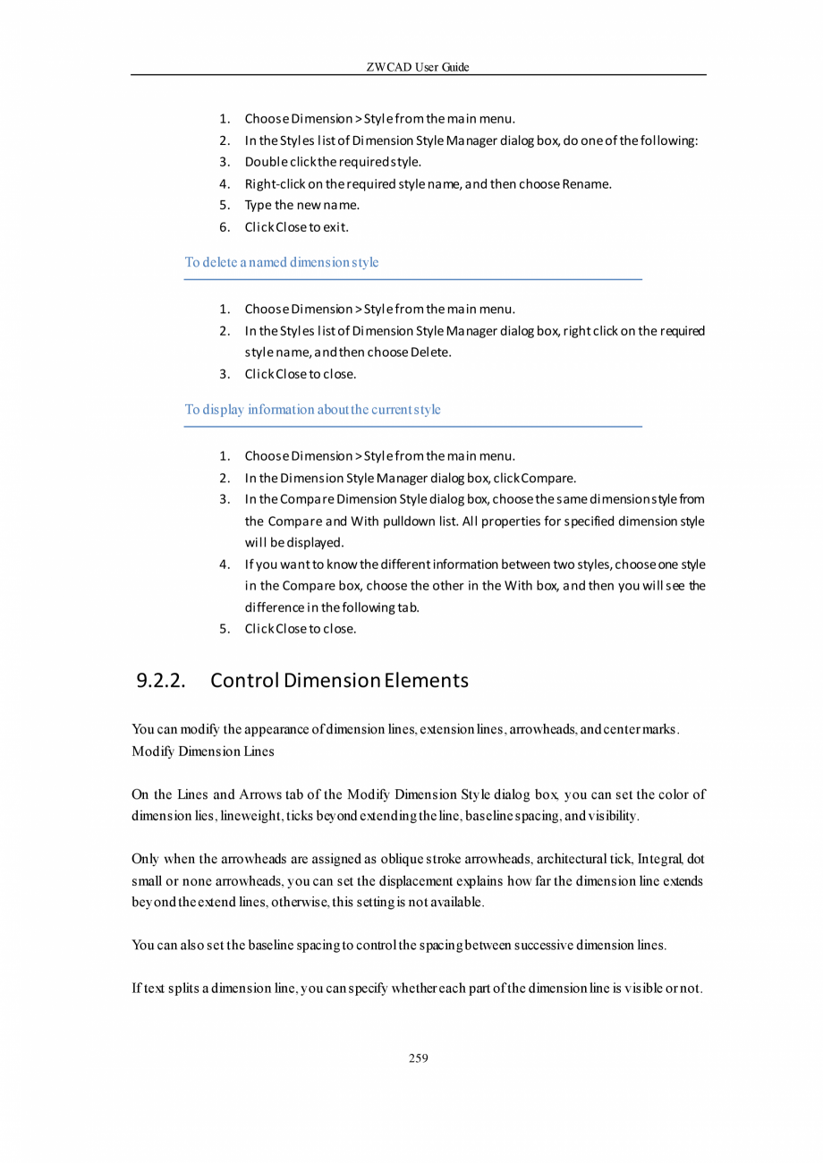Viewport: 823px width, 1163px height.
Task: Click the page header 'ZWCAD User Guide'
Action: pyautogui.click(x=418, y=67)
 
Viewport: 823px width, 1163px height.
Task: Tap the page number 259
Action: pyautogui.click(x=418, y=1058)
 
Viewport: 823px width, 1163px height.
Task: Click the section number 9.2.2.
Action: pyautogui.click(x=161, y=681)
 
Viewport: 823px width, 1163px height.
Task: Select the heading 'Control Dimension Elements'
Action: pyautogui.click(x=339, y=681)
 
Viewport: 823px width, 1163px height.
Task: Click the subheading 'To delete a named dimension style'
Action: pyautogui.click(x=282, y=262)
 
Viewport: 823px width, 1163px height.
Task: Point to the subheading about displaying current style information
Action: pyautogui.click(x=312, y=410)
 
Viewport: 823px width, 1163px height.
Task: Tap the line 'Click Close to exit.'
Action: pyautogui.click(x=297, y=227)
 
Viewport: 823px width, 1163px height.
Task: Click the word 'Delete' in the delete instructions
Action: pyautogui.click(x=430, y=352)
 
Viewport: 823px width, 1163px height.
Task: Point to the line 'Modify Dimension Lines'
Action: pyautogui.click(x=202, y=751)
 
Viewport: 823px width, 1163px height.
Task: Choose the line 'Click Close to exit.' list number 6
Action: pyautogui.click(x=225, y=227)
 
